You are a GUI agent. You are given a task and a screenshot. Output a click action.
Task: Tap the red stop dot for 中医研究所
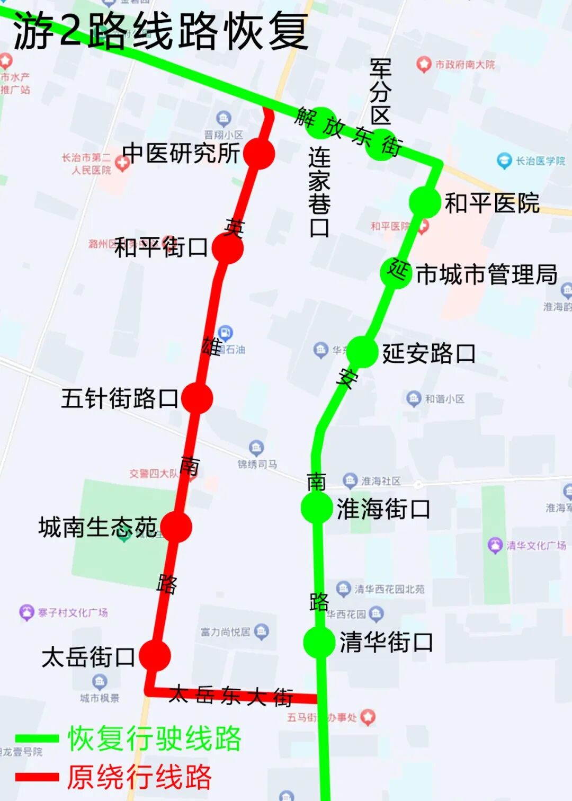(259, 154)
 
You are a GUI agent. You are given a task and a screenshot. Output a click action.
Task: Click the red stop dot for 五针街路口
(197, 398)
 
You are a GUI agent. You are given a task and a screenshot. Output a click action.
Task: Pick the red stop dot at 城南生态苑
(176, 527)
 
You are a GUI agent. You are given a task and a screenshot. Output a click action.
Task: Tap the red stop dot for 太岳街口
(155, 655)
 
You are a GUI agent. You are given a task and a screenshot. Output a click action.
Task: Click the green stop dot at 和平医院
(425, 202)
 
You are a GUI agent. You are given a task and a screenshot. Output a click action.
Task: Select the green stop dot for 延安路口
(362, 351)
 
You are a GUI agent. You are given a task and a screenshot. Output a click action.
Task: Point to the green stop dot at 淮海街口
(317, 508)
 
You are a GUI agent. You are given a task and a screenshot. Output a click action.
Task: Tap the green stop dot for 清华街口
(319, 642)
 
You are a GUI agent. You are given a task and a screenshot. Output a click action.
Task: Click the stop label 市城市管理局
(486, 274)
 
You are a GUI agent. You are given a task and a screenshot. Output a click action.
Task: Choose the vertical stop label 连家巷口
(319, 192)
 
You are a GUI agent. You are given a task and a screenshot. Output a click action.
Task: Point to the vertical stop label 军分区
(380, 91)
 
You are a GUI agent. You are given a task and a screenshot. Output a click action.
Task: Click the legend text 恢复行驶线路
(155, 738)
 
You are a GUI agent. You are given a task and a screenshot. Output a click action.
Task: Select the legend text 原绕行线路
(139, 777)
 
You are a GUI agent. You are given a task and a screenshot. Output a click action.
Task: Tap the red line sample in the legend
(37, 777)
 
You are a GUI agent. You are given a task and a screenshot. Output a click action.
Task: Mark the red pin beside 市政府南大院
(423, 65)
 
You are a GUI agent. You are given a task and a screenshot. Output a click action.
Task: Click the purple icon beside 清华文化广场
(495, 545)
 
